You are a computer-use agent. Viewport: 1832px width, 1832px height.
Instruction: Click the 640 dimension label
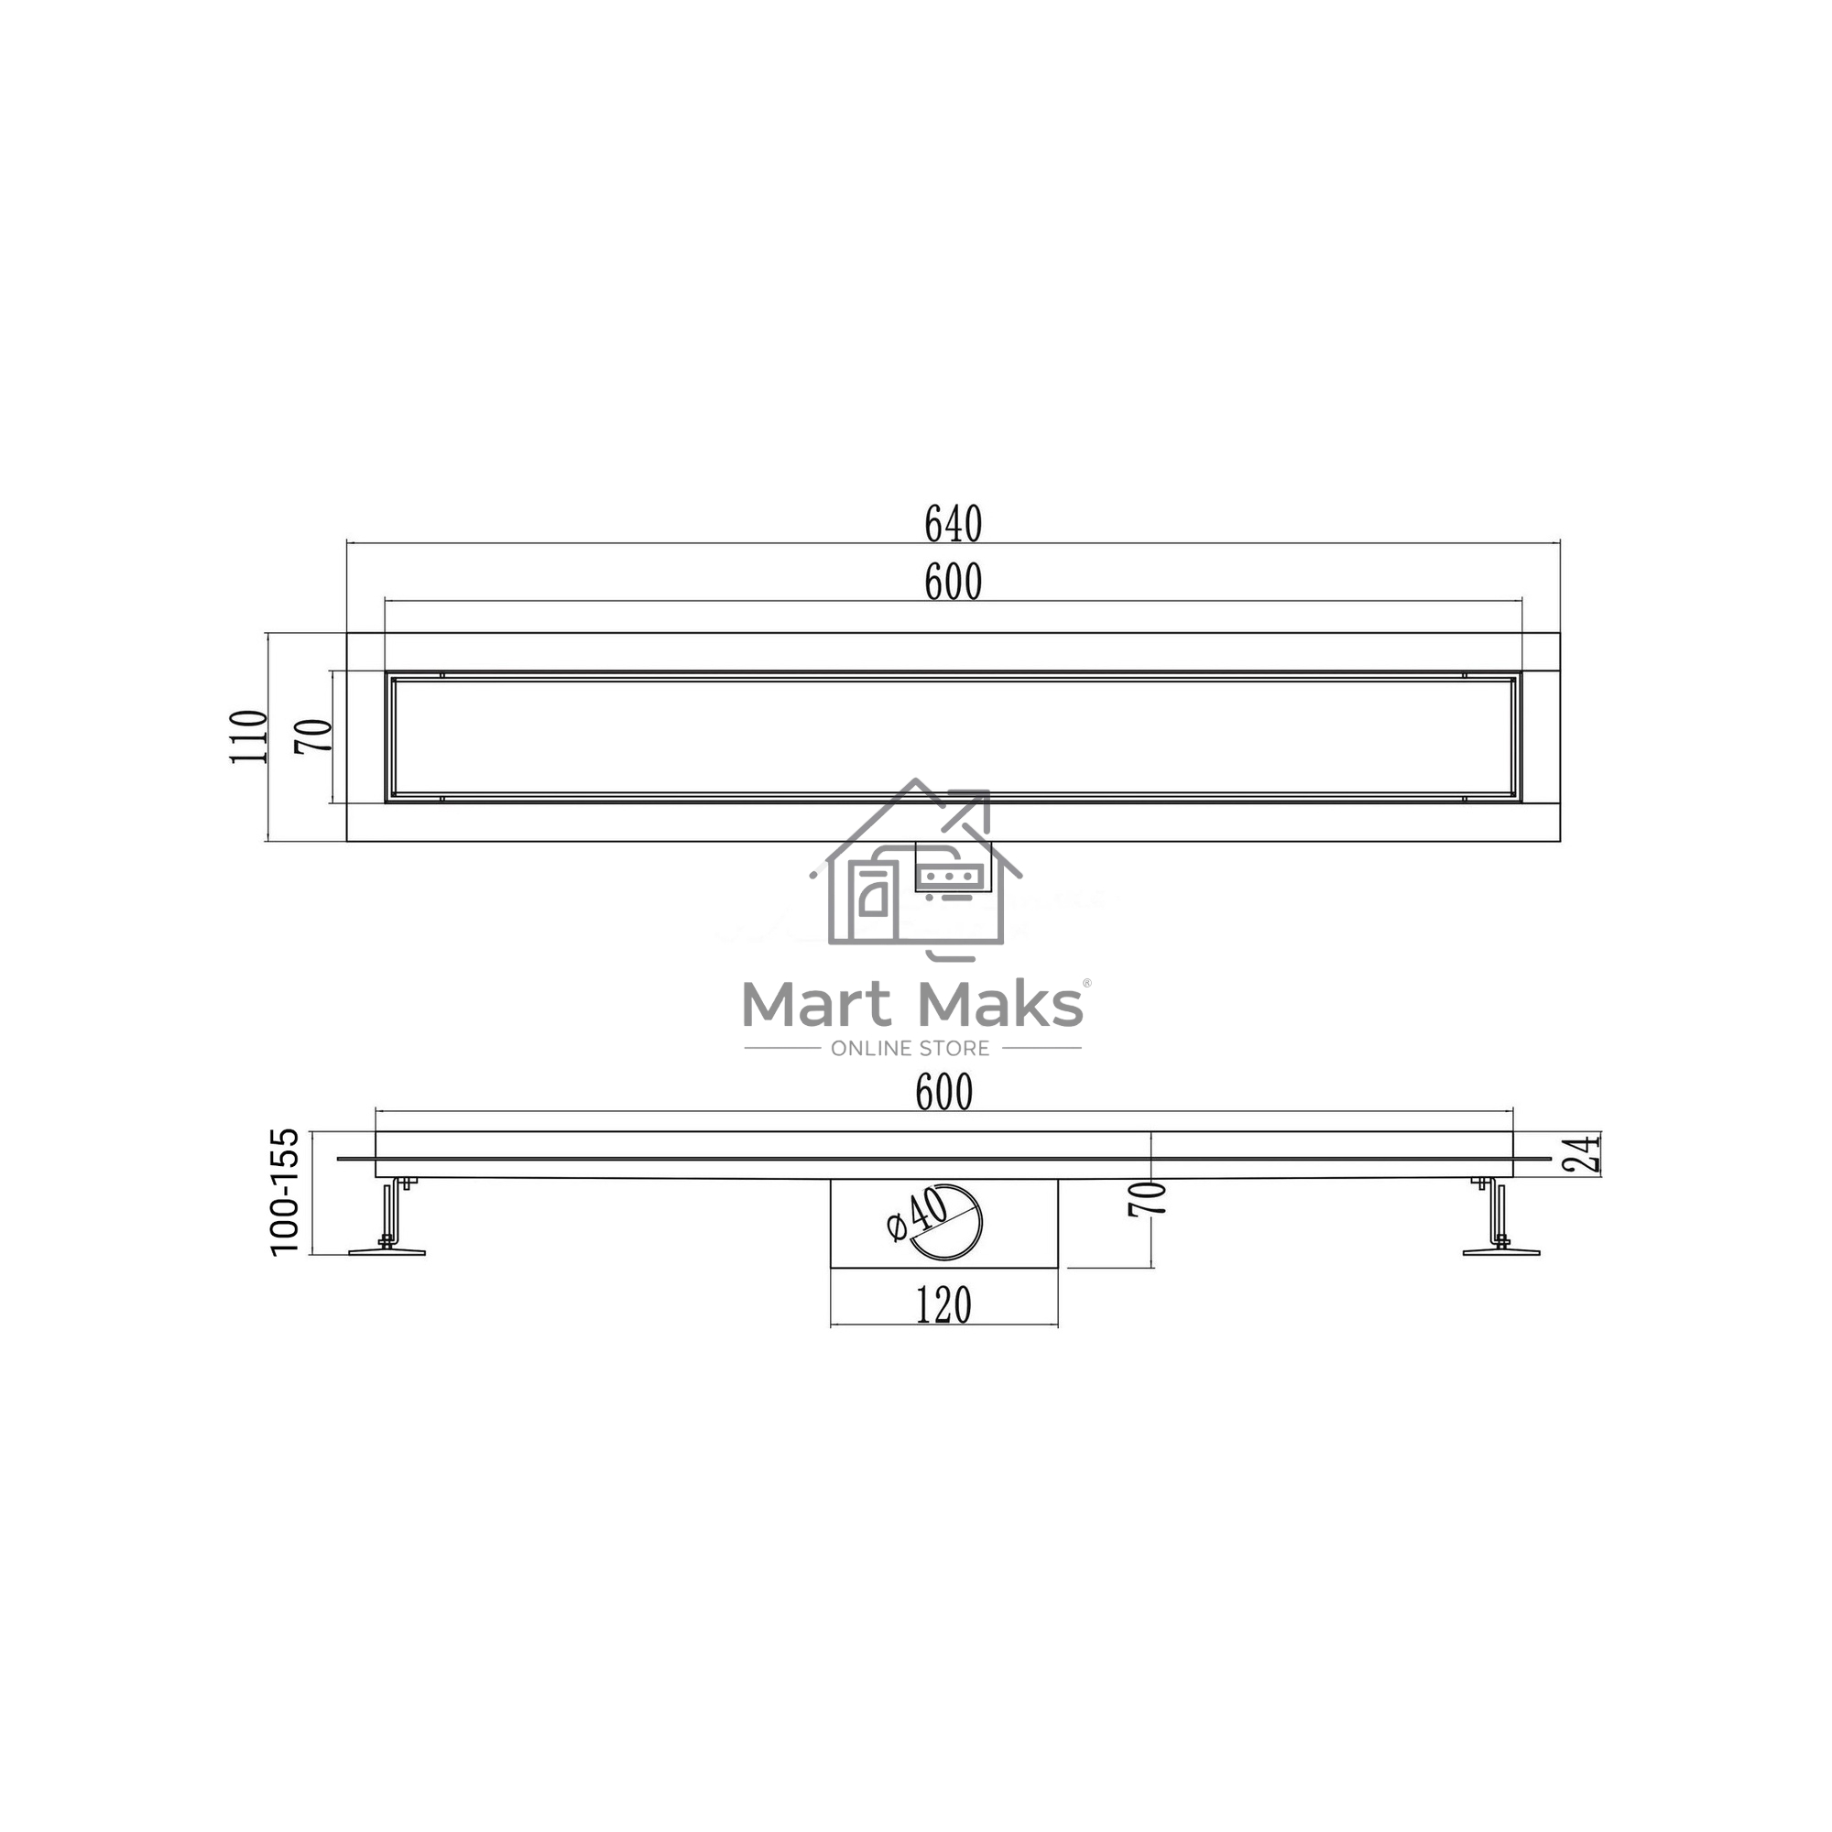[953, 524]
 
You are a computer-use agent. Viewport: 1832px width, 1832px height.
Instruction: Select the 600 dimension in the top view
[953, 583]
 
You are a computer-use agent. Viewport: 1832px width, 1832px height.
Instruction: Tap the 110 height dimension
[249, 736]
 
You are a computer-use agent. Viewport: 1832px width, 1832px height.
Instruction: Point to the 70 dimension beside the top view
[314, 736]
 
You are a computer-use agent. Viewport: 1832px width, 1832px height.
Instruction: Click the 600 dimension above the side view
[943, 1094]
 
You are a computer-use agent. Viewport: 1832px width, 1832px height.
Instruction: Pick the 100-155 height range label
[285, 1192]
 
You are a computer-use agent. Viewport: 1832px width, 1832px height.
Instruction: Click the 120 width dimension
[943, 1305]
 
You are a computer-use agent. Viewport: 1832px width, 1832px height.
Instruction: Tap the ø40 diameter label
[917, 1216]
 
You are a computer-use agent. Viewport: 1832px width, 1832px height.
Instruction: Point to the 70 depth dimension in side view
[1147, 1198]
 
